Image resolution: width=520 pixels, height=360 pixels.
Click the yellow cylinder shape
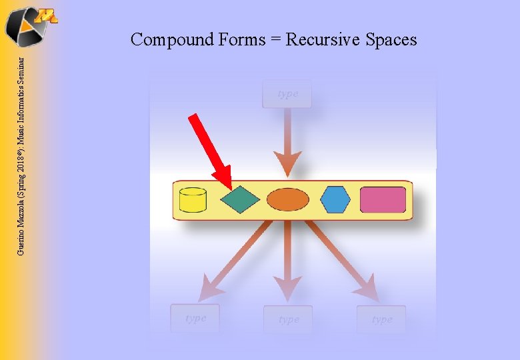pos(193,199)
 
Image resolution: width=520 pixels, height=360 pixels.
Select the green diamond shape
pos(240,199)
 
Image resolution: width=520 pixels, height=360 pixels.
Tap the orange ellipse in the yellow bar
pos(288,199)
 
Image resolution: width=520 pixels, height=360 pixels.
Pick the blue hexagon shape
pos(335,199)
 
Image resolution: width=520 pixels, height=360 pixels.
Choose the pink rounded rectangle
pos(383,199)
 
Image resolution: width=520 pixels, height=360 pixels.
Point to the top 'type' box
pos(287,94)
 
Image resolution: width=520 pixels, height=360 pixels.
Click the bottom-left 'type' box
pos(195,319)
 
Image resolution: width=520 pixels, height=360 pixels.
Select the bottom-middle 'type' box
pos(288,320)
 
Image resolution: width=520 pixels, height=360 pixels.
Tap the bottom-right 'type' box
pos(381,320)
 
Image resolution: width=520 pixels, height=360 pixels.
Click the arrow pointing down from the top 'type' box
pos(287,143)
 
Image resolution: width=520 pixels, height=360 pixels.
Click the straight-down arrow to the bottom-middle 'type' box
pos(288,263)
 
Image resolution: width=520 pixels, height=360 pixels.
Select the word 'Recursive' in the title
pos(323,40)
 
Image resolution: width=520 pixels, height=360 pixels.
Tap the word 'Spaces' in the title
pos(391,40)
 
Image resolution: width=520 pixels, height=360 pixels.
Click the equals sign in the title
pos(275,40)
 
